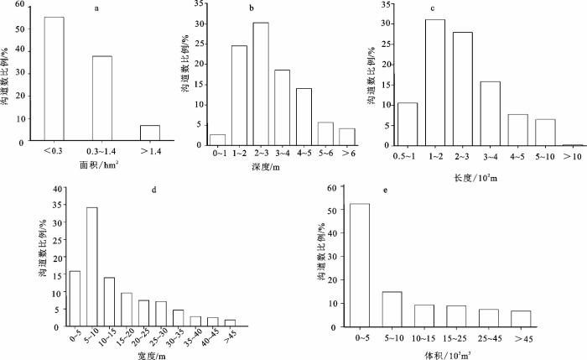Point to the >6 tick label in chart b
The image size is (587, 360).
[x=348, y=154]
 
